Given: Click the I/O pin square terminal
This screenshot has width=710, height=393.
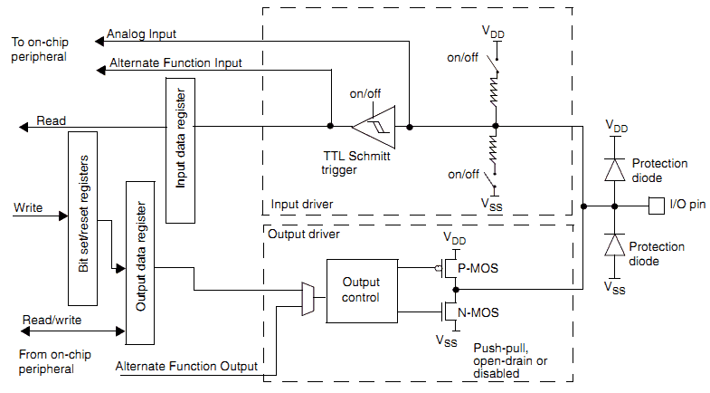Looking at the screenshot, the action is [656, 206].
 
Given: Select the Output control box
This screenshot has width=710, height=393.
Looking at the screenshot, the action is [362, 291].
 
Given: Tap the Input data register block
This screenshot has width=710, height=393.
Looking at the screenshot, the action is [180, 150].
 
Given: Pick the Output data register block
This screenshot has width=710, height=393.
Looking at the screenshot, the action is [140, 263].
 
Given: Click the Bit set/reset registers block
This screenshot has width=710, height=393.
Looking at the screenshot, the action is [82, 218].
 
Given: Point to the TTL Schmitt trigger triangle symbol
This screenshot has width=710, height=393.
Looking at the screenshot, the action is [375, 127].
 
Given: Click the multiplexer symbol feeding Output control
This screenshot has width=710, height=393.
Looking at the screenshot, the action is [308, 299].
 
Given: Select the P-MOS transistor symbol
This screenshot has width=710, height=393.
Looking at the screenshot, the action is [449, 268].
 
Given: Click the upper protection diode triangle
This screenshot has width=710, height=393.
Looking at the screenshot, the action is [614, 170].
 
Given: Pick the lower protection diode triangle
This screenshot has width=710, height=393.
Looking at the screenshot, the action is [614, 245].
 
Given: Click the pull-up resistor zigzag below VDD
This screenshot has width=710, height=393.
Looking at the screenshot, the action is [495, 90].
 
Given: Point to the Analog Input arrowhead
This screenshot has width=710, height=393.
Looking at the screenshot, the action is [99, 42].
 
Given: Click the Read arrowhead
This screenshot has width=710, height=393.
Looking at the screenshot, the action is [24, 128].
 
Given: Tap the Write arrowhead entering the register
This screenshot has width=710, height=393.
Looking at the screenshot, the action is [63, 216].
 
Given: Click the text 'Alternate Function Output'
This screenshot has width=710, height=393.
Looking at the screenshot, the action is [186, 366].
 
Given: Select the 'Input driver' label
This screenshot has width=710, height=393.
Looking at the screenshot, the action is [302, 205].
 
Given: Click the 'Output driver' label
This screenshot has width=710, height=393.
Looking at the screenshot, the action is [304, 235].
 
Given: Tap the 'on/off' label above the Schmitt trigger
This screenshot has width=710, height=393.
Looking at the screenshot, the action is [365, 94].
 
